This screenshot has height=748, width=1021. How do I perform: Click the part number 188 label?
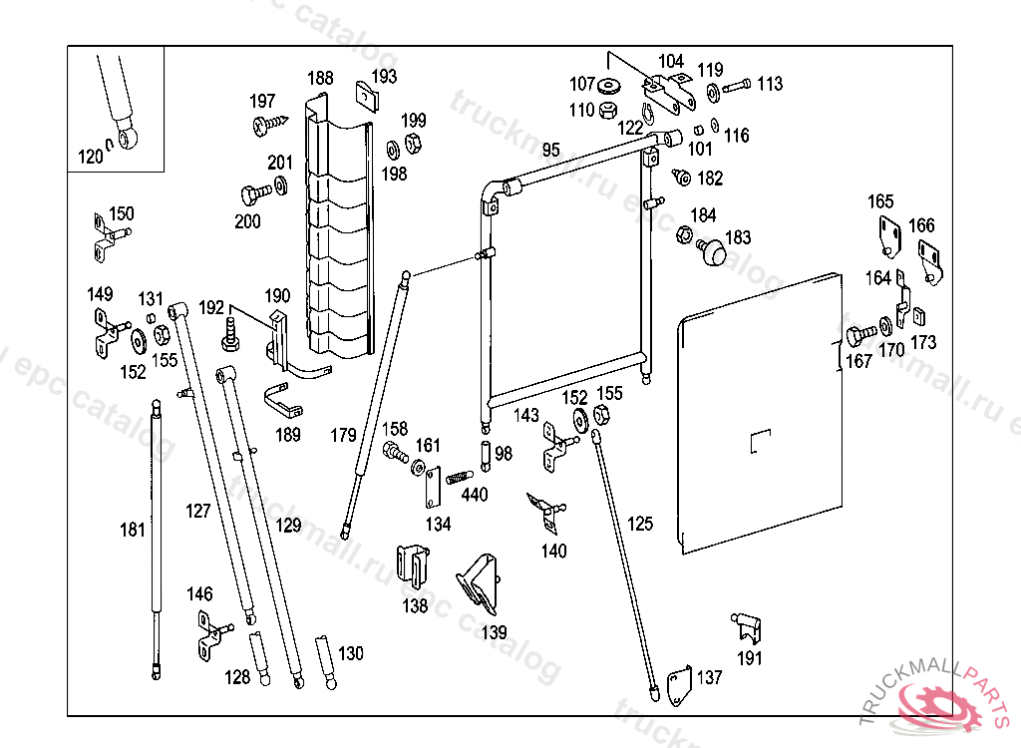[x=320, y=79]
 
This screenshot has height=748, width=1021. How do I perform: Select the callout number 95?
[x=550, y=151]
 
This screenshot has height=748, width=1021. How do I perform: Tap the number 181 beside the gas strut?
[x=133, y=530]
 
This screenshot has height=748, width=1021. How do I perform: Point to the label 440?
[x=475, y=495]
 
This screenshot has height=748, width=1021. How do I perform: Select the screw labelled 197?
[x=270, y=125]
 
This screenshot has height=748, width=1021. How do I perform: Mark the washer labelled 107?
[x=610, y=84]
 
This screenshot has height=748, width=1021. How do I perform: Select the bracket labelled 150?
[x=104, y=238]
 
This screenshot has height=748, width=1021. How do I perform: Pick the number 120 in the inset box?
[x=91, y=157]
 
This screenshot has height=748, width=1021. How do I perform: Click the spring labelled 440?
[x=458, y=478]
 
